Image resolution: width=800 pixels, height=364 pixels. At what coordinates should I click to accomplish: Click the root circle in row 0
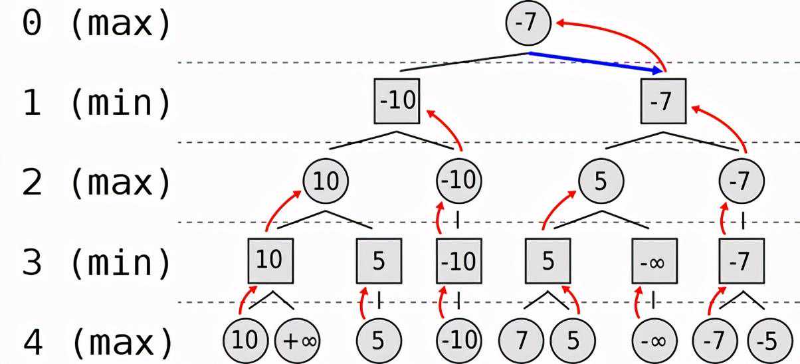529,24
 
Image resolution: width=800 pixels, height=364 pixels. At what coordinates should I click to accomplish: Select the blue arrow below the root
595,61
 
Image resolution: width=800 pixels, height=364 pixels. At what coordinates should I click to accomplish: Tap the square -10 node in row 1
397,101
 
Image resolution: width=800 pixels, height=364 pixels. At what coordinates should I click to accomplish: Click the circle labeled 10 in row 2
326,181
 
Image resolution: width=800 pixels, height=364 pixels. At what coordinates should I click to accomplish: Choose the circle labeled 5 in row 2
601,181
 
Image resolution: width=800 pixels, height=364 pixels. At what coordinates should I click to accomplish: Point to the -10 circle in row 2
458,181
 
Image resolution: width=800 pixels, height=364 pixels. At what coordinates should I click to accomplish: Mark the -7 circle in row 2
742,181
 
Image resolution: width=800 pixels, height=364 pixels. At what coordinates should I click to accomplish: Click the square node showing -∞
654,262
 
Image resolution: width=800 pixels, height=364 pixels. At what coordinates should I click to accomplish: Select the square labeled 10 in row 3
270,260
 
